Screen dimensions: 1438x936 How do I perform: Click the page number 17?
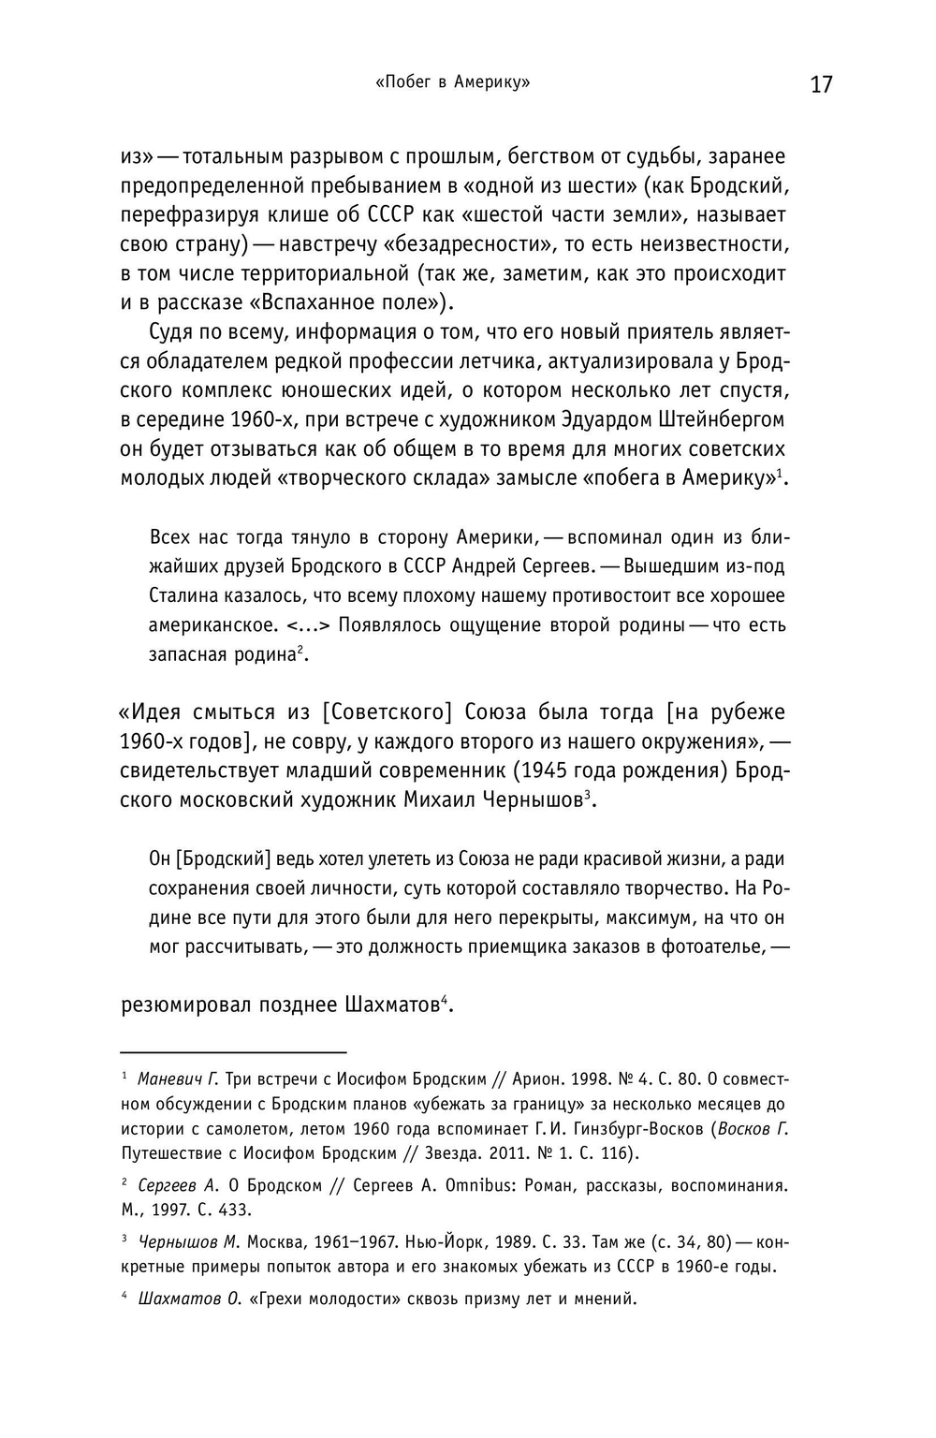(x=821, y=85)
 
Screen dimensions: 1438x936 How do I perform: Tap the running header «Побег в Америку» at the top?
(x=452, y=82)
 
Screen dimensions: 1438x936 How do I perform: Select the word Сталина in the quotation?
(x=180, y=595)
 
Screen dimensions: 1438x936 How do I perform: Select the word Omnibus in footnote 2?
(x=483, y=1185)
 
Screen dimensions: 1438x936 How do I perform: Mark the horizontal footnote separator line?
(x=233, y=1050)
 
